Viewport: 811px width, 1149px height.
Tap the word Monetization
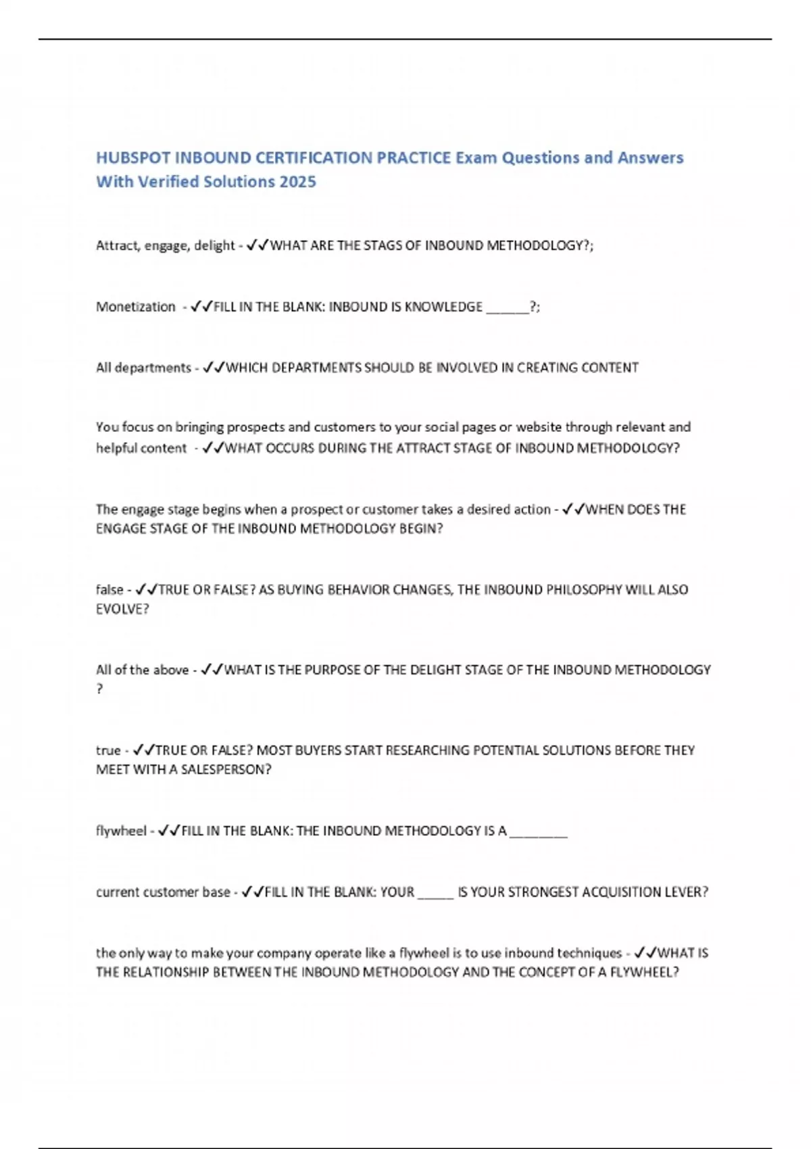(x=135, y=307)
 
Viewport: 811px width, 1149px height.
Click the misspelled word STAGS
(x=382, y=245)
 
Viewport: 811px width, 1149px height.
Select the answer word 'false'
(x=109, y=589)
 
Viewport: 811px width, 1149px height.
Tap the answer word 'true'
(x=108, y=750)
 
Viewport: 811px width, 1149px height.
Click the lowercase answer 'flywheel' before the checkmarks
(x=121, y=831)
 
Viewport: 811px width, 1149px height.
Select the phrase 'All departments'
(x=143, y=368)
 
